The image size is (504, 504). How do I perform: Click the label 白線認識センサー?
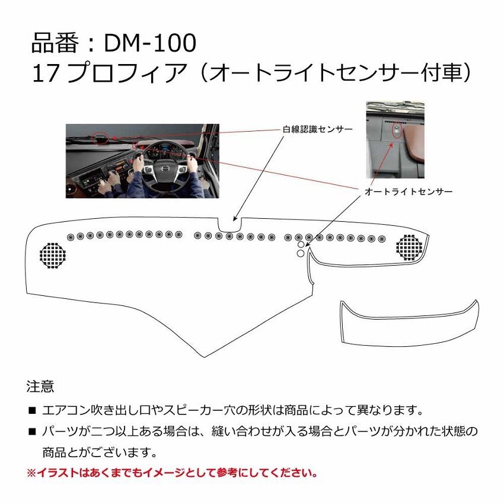click(317, 129)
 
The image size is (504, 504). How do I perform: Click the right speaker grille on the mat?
click(410, 247)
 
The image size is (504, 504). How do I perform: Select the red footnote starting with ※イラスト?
click(172, 473)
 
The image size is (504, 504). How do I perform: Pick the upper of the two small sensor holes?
click(301, 244)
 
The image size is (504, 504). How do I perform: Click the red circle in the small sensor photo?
click(396, 129)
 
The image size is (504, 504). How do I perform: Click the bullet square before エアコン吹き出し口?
click(32, 410)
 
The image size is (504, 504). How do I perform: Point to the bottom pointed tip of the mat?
click(204, 356)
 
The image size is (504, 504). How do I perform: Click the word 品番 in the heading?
click(51, 44)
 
